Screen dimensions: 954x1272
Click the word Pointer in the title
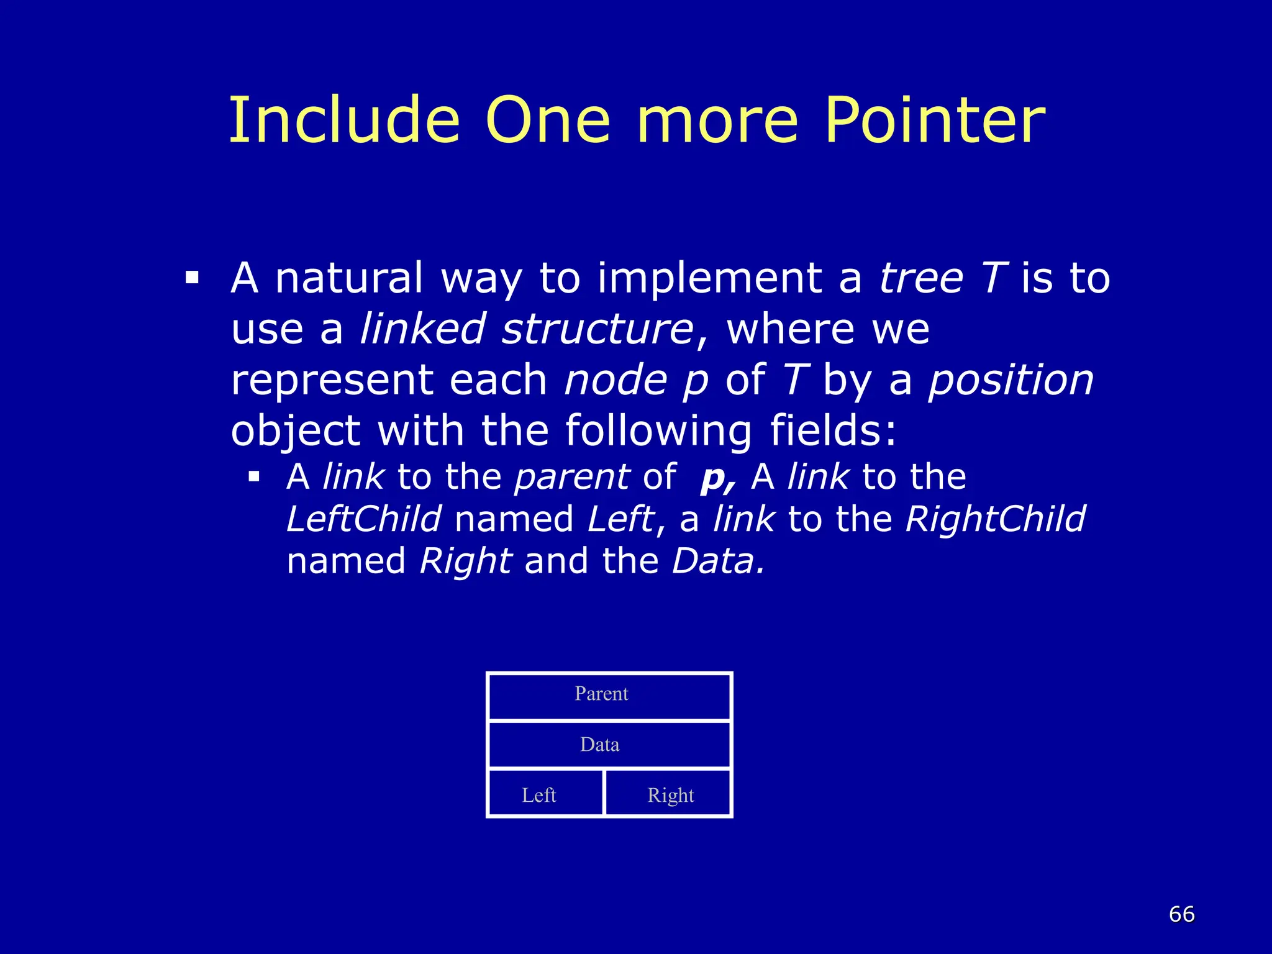[x=935, y=120]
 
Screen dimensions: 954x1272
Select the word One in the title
[x=548, y=120]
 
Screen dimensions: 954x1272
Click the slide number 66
[x=1181, y=914]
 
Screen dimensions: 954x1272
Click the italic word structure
[x=597, y=329]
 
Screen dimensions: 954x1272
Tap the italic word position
[x=1011, y=380]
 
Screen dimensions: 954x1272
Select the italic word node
[x=615, y=380]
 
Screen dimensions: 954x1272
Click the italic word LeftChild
[x=364, y=519]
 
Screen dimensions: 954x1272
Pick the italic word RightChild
[x=995, y=519]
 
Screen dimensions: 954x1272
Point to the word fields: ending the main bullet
[x=834, y=430]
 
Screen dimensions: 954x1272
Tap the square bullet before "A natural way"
[x=191, y=277]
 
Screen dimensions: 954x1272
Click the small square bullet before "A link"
[x=253, y=477]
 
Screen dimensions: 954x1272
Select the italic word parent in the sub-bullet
[x=572, y=477]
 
